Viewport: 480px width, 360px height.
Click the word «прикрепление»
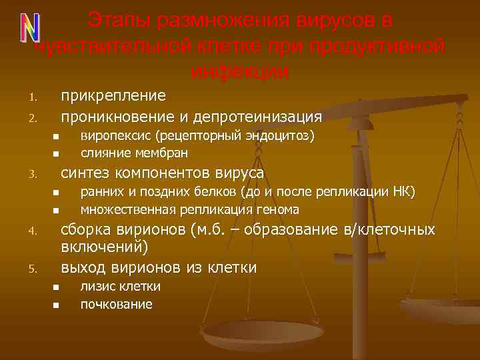coord(113,96)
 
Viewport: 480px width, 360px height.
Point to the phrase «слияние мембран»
coord(134,153)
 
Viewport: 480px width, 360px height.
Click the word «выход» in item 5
coord(81,268)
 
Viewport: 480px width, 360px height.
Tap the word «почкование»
coord(116,304)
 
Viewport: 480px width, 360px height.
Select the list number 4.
coord(31,233)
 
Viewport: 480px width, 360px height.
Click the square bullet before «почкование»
coord(57,305)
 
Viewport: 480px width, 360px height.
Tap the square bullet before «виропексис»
coord(57,137)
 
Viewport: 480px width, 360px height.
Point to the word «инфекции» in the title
coord(239,71)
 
